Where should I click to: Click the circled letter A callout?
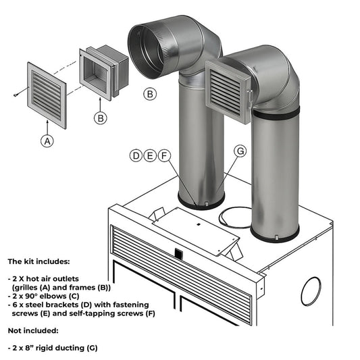coord(47,141)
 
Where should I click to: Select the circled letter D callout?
coord(136,156)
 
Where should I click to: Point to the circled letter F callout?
coord(163,156)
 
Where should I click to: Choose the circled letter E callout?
coord(150,156)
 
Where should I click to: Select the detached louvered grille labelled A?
coord(47,94)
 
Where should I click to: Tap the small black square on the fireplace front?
coord(178,254)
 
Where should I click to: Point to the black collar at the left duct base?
coord(201,203)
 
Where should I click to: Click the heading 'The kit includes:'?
coord(38,260)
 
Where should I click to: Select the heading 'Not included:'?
coord(33,331)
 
